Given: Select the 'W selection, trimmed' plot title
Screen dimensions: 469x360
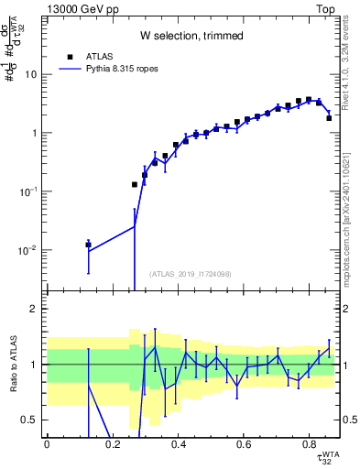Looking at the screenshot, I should [x=191, y=37].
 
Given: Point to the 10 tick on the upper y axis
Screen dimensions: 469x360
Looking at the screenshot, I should [x=33, y=74].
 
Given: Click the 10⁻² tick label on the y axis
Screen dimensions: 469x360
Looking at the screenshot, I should [x=30, y=250].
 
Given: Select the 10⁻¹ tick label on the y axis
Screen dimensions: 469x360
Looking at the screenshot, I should [x=30, y=191].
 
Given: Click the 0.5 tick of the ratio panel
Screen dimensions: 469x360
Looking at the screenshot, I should [x=33, y=420].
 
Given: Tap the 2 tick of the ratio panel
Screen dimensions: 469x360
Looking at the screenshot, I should [x=37, y=309].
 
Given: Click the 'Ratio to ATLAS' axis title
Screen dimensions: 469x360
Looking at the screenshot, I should [x=11, y=366].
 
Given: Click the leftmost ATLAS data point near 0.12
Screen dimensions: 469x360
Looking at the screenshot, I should [x=88, y=245].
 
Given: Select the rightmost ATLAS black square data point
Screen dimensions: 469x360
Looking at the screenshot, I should [x=329, y=118].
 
